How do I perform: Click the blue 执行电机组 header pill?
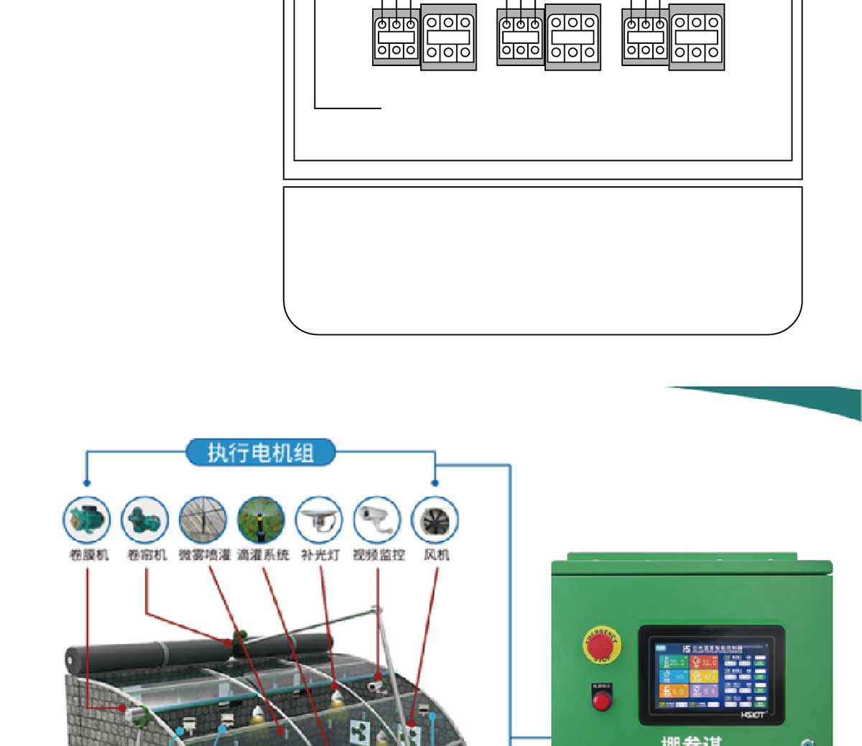coord(261,453)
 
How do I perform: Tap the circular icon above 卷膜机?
coord(87,519)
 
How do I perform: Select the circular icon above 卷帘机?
coord(145,519)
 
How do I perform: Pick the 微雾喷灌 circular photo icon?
coord(203,519)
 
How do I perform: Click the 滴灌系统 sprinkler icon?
coord(261,519)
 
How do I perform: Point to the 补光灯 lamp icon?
coord(320,519)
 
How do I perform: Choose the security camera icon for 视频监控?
coord(377,519)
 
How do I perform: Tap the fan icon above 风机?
coord(435,519)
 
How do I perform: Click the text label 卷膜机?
coord(89,555)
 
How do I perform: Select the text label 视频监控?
coord(379,555)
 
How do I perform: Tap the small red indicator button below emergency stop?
coord(602,699)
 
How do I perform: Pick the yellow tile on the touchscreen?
coord(705,676)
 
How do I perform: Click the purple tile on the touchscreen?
coord(705,691)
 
